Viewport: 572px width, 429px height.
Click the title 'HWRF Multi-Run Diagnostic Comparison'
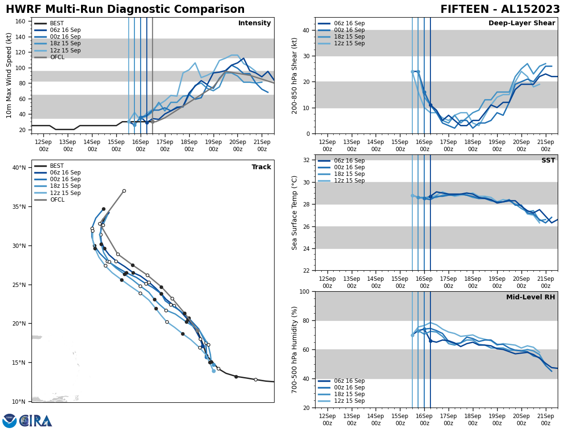pyautogui.click(x=125, y=10)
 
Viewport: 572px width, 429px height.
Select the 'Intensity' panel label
pyautogui.click(x=255, y=23)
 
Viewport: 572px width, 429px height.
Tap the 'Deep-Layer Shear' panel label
pyautogui.click(x=521, y=23)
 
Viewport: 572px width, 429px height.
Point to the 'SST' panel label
pyautogui.click(x=548, y=161)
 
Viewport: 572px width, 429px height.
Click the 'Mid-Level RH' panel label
pyautogui.click(x=531, y=297)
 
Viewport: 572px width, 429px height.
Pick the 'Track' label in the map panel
pyautogui.click(x=261, y=167)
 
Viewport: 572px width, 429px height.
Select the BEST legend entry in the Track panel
pyautogui.click(x=57, y=166)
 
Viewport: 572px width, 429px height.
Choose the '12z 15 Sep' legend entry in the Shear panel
pyautogui.click(x=349, y=43)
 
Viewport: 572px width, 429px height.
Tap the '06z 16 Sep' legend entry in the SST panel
pyautogui.click(x=349, y=161)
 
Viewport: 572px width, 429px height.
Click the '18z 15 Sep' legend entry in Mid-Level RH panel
pyautogui.click(x=349, y=394)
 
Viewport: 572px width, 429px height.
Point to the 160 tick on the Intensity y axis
pyautogui.click(x=20, y=21)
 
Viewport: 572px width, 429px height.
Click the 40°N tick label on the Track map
pyautogui.click(x=19, y=168)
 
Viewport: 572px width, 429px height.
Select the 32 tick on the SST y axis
pyautogui.click(x=305, y=160)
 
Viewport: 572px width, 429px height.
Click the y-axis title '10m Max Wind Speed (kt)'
pyautogui.click(x=9, y=75)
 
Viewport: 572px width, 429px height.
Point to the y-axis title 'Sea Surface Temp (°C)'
pyautogui.click(x=295, y=213)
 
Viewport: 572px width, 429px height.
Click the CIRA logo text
pyautogui.click(x=36, y=421)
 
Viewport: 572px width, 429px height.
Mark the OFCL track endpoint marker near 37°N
pyautogui.click(x=124, y=191)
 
